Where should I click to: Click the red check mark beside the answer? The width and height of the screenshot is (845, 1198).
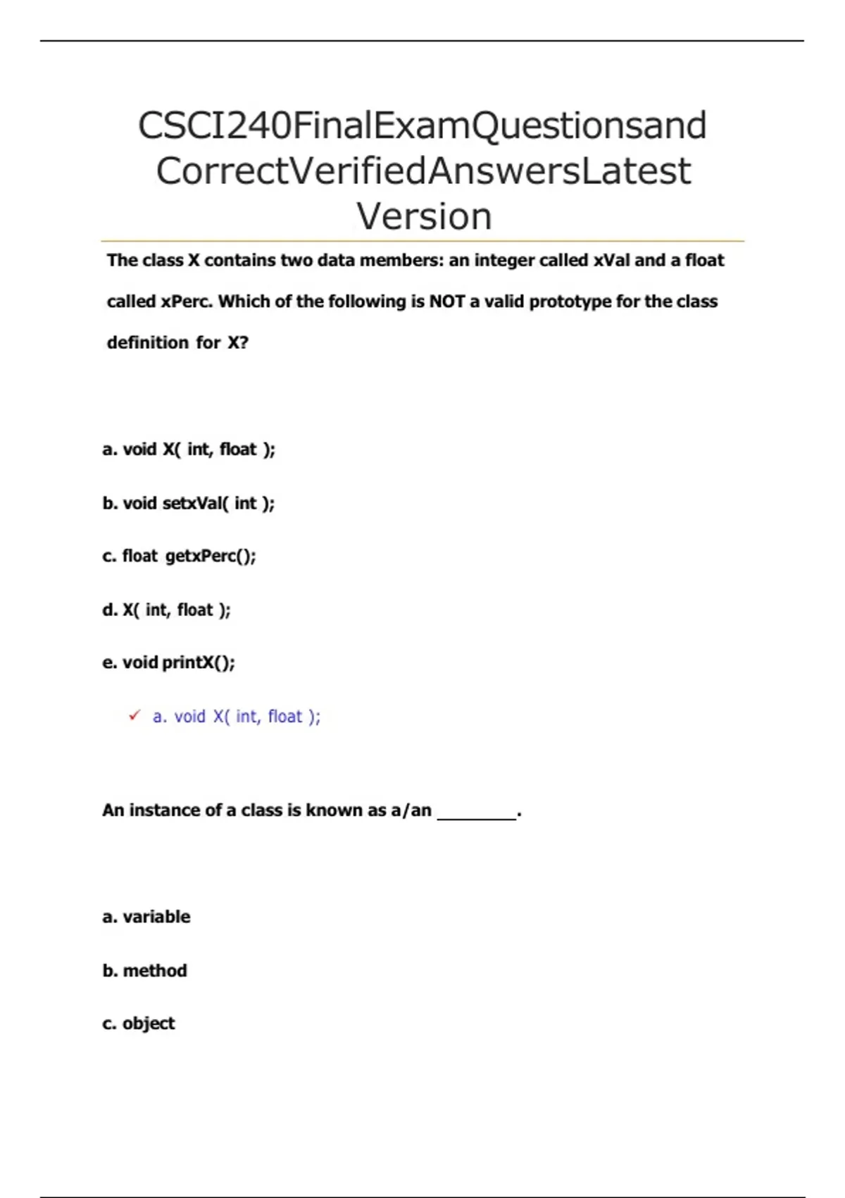[134, 716]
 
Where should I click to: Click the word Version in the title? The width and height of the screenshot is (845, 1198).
[423, 216]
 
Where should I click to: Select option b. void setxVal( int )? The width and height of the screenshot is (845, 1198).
[189, 503]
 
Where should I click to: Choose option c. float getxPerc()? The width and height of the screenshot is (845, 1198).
[180, 556]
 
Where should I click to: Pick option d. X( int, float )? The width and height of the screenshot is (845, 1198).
[167, 610]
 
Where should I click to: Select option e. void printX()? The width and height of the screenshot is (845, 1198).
[169, 662]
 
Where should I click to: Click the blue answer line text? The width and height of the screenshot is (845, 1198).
[237, 717]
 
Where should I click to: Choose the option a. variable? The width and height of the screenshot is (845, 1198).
[146, 917]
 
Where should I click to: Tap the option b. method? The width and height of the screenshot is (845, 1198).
[145, 970]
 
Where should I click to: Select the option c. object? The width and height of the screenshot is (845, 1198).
[139, 1023]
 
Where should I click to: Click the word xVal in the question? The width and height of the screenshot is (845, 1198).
[612, 261]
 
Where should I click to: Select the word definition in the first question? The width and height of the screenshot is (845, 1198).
[148, 342]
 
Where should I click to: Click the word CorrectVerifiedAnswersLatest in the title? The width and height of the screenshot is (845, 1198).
[423, 171]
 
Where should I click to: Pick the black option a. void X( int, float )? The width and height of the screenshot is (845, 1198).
[189, 450]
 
